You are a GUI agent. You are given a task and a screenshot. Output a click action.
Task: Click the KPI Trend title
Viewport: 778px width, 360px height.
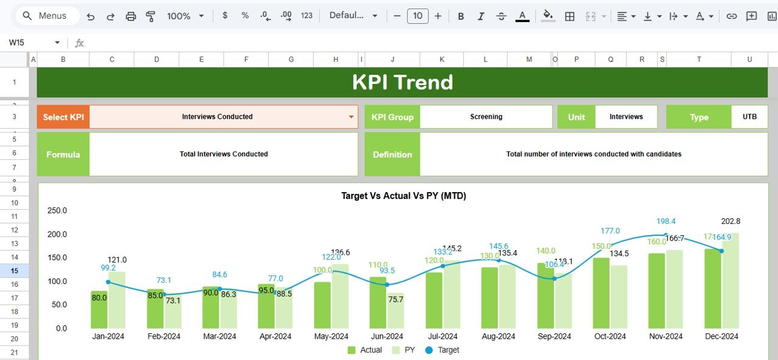click(402, 82)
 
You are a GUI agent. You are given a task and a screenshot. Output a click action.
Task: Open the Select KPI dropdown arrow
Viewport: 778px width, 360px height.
click(351, 117)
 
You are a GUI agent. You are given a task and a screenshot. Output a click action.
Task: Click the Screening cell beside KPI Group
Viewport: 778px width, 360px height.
click(486, 117)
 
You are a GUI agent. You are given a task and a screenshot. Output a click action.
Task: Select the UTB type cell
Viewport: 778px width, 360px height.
click(749, 117)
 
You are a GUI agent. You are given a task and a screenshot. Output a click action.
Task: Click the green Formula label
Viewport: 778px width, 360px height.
click(63, 154)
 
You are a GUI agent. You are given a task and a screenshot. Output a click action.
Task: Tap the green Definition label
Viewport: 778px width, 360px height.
click(392, 154)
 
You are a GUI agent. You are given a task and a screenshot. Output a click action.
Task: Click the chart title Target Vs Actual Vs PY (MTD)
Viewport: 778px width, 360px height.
click(404, 196)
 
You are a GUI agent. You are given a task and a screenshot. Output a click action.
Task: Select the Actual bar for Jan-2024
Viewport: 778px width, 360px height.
click(99, 310)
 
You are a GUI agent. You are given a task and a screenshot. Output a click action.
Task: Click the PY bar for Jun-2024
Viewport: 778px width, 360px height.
click(396, 311)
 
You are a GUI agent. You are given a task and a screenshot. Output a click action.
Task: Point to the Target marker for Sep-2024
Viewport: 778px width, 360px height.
click(554, 279)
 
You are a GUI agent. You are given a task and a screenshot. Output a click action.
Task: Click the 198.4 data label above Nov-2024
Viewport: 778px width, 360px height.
click(666, 221)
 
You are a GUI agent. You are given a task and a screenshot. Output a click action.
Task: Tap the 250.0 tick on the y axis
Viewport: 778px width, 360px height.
click(57, 210)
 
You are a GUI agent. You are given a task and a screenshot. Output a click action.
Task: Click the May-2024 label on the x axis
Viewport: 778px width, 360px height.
click(331, 336)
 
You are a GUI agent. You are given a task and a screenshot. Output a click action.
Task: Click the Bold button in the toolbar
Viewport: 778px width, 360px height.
click(461, 16)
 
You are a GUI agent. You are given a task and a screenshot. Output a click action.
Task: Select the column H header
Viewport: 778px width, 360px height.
click(336, 59)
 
